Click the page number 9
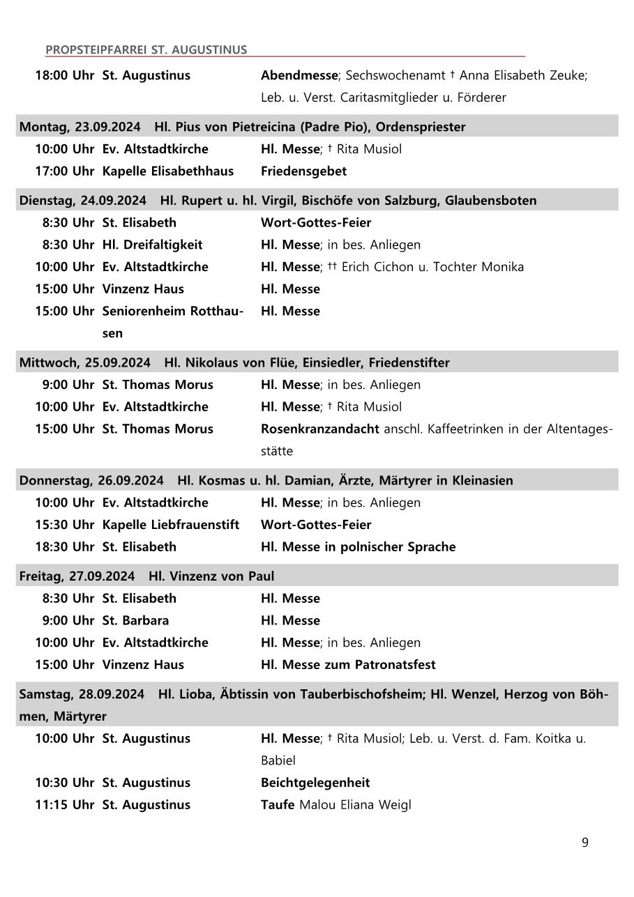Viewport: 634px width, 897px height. click(584, 843)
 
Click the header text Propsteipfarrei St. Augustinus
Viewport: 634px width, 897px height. click(146, 49)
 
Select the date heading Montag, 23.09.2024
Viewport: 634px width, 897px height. click(80, 127)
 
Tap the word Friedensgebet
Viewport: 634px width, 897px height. click(303, 171)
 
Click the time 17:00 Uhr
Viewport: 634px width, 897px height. click(64, 171)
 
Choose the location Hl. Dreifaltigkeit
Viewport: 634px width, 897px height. click(152, 245)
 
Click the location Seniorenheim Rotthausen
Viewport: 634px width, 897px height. click(172, 312)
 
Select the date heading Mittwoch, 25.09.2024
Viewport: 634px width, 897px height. click(84, 362)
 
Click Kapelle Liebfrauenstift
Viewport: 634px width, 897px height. click(170, 525)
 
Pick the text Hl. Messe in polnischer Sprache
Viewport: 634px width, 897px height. click(358, 547)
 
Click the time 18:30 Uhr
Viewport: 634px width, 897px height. click(64, 547)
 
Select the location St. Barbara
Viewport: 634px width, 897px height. click(135, 620)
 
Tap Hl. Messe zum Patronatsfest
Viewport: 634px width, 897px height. click(348, 665)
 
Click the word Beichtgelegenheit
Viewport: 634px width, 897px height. click(315, 783)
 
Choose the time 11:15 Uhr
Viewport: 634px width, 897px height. click(64, 805)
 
